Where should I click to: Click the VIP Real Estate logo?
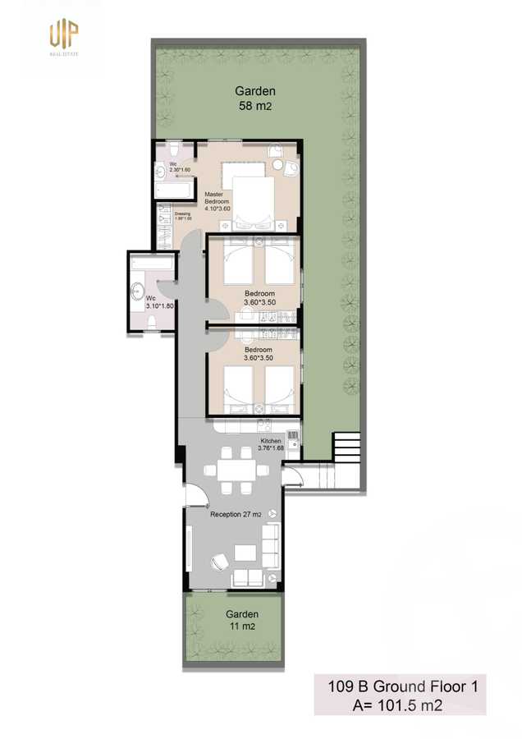point(63,37)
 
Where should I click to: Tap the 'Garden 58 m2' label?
point(255,99)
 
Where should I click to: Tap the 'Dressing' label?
point(182,215)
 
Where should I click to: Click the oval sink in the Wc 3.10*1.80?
point(138,290)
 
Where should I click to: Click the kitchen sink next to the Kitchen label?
point(264,425)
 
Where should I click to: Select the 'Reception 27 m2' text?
point(236,514)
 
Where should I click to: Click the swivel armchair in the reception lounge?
point(220,562)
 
